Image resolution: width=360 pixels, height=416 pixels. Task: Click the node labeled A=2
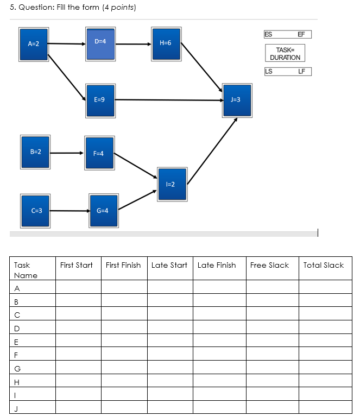[x=34, y=43]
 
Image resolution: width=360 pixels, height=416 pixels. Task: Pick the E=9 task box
[x=100, y=100]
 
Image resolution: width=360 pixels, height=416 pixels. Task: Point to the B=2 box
[x=35, y=152]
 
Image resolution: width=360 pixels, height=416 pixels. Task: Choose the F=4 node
[x=98, y=153]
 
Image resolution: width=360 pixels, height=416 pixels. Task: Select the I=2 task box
[x=172, y=185]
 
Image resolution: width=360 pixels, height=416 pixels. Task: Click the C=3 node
[x=36, y=210]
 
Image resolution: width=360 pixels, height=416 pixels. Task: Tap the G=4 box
[x=103, y=210]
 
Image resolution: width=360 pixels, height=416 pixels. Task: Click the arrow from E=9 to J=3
[x=168, y=100]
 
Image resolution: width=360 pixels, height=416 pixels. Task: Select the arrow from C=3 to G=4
[x=70, y=210]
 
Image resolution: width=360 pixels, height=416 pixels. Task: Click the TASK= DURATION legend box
[x=285, y=53]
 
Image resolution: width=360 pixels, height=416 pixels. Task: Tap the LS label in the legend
[x=268, y=71]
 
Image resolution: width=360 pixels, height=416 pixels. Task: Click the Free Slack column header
[x=269, y=265]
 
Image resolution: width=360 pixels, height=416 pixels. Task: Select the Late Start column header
[x=169, y=265]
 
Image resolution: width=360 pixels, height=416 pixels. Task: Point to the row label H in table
[x=17, y=381]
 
